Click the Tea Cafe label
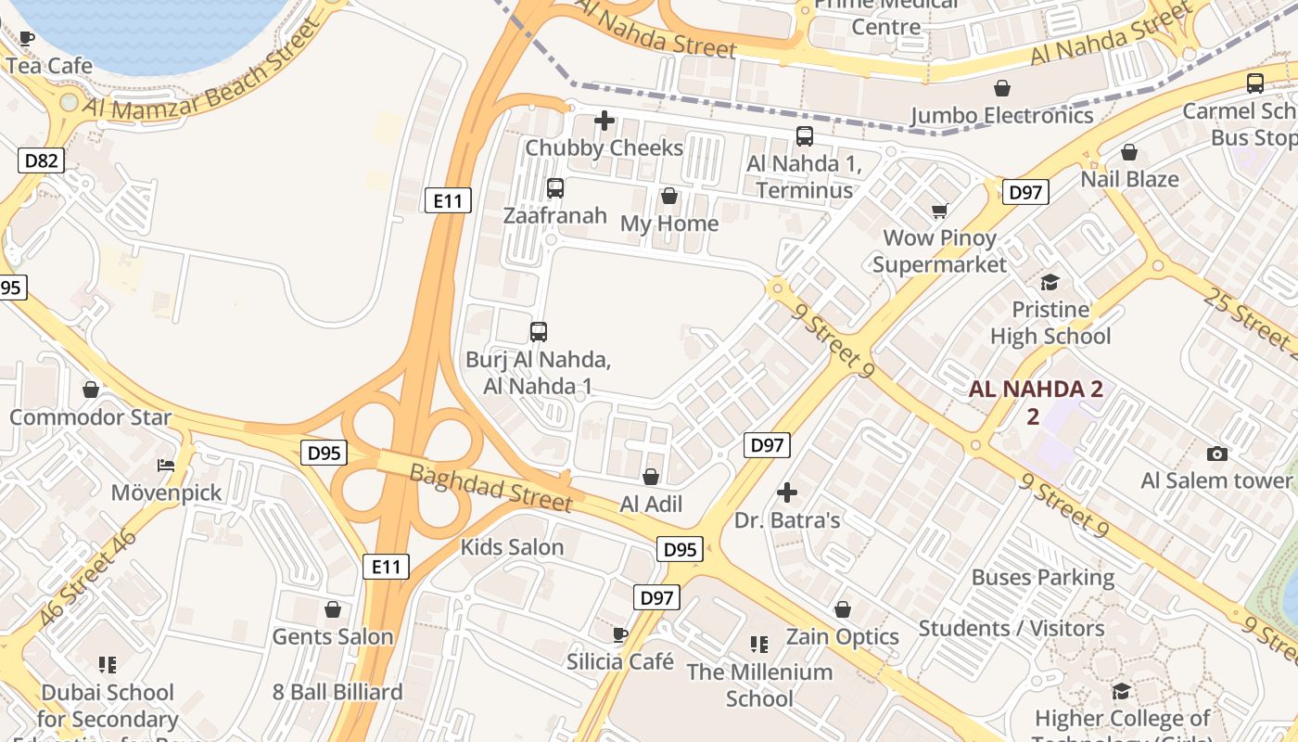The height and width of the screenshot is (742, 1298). coord(49,66)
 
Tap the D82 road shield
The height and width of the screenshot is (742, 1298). coord(41,160)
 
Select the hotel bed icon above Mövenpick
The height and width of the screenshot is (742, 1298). coord(166,466)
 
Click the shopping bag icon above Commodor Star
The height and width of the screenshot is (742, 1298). coord(91,390)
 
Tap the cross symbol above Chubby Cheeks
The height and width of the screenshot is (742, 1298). coord(604,121)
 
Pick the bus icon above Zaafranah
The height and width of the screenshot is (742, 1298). coord(554,188)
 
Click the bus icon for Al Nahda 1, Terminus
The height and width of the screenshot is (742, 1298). coord(804,136)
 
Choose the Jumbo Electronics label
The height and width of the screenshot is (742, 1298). coord(1001,116)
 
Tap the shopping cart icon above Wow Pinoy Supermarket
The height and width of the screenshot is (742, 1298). coord(939,211)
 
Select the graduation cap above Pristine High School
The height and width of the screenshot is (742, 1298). coord(1050,282)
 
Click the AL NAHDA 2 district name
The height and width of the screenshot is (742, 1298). coord(1035,390)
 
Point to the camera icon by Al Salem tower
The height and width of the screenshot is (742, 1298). coord(1217,454)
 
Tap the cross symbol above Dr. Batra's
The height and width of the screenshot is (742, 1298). coord(787,493)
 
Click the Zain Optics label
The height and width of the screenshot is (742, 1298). coord(842,637)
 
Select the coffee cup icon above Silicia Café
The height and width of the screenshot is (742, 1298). coord(620,634)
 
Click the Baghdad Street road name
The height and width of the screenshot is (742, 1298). coord(490,488)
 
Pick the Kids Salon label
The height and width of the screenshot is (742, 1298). coord(512,547)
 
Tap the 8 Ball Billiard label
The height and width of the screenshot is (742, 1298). coord(337,692)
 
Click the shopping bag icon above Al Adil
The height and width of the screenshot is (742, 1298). coord(651,477)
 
